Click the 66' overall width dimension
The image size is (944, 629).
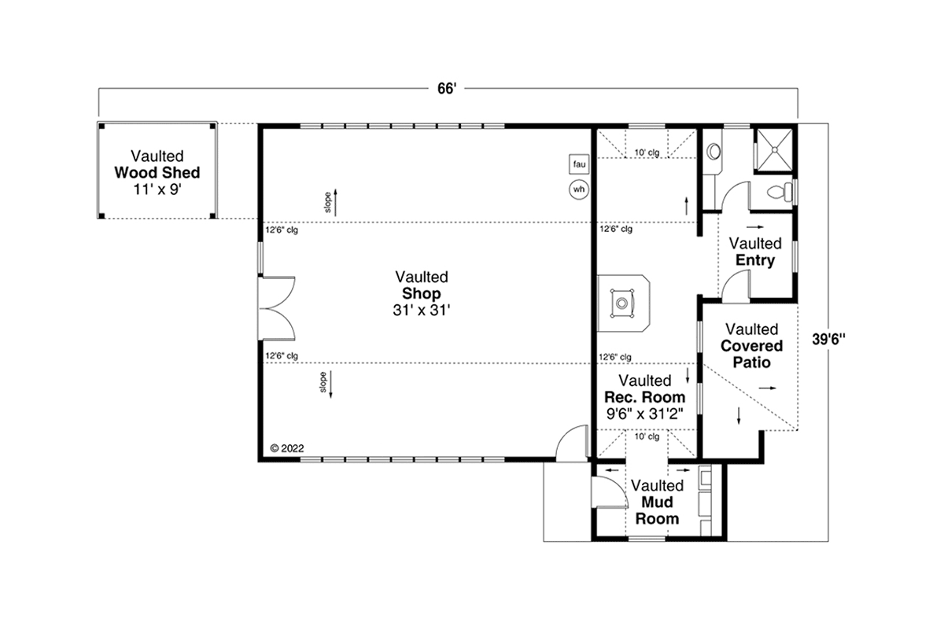click(x=447, y=89)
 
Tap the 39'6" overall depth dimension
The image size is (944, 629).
click(x=828, y=339)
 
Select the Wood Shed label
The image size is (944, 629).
click(x=157, y=173)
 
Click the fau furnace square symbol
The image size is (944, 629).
click(x=579, y=164)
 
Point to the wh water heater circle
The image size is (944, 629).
click(x=579, y=189)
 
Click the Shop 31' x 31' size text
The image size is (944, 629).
click(x=422, y=311)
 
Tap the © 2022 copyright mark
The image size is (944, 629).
click(x=287, y=448)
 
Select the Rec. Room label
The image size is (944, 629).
click(x=645, y=397)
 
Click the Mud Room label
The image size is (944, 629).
click(x=657, y=510)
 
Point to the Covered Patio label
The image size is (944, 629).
click(x=752, y=354)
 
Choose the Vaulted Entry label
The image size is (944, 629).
click(x=755, y=252)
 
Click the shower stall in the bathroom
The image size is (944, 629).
click(x=775, y=149)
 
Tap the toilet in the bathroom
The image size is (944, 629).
click(x=780, y=193)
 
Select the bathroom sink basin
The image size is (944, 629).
click(x=714, y=152)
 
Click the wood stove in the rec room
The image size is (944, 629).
click(x=622, y=303)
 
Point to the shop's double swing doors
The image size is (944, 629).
click(x=277, y=308)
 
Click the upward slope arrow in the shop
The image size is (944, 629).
click(x=335, y=202)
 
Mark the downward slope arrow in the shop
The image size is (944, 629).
click(x=331, y=384)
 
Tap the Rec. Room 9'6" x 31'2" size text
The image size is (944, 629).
click(x=645, y=414)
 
